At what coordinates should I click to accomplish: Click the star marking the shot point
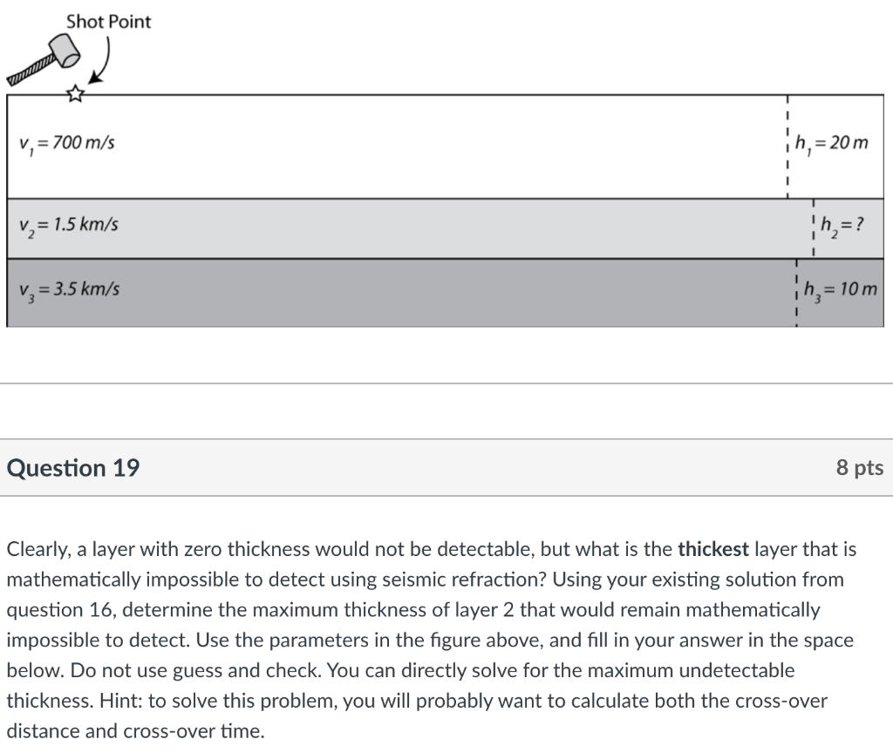click(75, 93)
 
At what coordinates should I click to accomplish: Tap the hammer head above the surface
click(65, 50)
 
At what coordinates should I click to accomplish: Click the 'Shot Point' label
click(108, 22)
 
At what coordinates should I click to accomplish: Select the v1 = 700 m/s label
click(66, 143)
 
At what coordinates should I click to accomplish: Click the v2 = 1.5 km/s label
click(68, 226)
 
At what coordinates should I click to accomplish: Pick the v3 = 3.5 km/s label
click(69, 289)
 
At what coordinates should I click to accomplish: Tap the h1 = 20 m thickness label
click(831, 143)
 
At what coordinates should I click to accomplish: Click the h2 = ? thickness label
click(842, 225)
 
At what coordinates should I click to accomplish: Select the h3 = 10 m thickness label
click(840, 289)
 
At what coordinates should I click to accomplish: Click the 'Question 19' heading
click(73, 468)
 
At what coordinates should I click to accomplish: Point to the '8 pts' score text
click(860, 467)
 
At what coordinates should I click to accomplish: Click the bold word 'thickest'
click(713, 549)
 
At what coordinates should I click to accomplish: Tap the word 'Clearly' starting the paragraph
click(38, 549)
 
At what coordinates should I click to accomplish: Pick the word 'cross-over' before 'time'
click(779, 701)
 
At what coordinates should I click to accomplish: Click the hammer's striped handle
click(32, 71)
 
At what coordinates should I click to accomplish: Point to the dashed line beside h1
click(787, 146)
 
